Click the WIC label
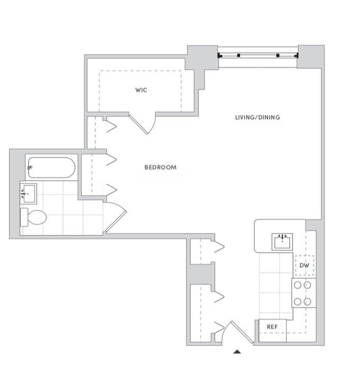141,90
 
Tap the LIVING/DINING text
258,117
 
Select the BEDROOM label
160,167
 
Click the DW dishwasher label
304,266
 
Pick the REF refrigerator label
272,327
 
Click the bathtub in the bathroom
52,167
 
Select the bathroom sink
28,193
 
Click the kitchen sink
282,241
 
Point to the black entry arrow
237,351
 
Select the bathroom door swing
115,217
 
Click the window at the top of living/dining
258,55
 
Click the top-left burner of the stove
297,285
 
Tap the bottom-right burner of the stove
307,301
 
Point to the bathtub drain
31,167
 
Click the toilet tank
24,217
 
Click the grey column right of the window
311,57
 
